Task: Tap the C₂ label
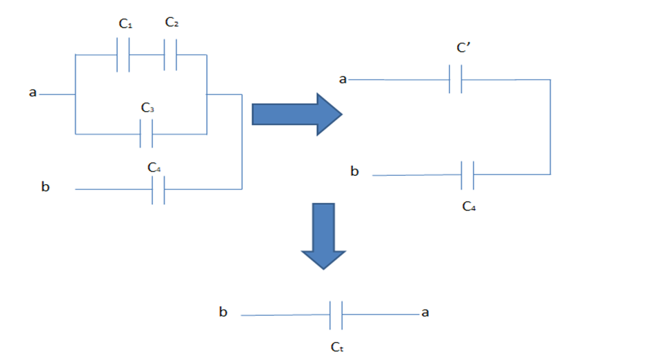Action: [x=172, y=23]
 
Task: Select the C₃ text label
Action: [x=148, y=108]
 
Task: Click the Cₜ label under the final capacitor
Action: [x=336, y=348]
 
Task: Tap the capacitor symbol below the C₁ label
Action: [x=123, y=54]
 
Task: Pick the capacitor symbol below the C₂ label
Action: [x=171, y=54]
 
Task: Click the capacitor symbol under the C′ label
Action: [x=455, y=79]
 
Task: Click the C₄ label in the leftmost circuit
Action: [x=154, y=167]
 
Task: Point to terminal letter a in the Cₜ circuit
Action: [x=425, y=312]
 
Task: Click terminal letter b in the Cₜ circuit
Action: [x=223, y=312]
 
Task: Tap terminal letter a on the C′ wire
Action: [x=342, y=79]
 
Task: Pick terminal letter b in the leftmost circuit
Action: [x=45, y=187]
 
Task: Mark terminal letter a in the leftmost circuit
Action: [x=32, y=92]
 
